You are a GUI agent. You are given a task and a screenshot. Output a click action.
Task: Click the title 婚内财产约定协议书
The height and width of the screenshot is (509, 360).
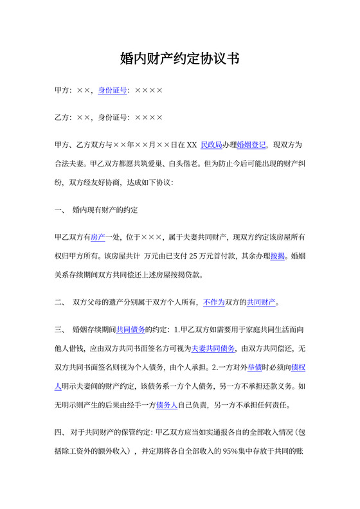pyautogui.click(x=179, y=59)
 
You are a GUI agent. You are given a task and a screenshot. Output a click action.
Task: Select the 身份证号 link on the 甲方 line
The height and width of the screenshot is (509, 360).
pyautogui.click(x=112, y=91)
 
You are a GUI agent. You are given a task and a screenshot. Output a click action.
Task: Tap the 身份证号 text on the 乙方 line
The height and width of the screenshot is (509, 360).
pyautogui.click(x=112, y=118)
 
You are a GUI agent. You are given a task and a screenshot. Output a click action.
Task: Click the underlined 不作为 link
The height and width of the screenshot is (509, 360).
pyautogui.click(x=213, y=302)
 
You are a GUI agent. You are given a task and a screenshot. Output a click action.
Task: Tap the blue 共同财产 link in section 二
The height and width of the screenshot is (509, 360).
pyautogui.click(x=261, y=302)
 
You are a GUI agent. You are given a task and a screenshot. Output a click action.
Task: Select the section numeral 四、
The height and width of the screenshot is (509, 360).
pyautogui.click(x=59, y=433)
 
